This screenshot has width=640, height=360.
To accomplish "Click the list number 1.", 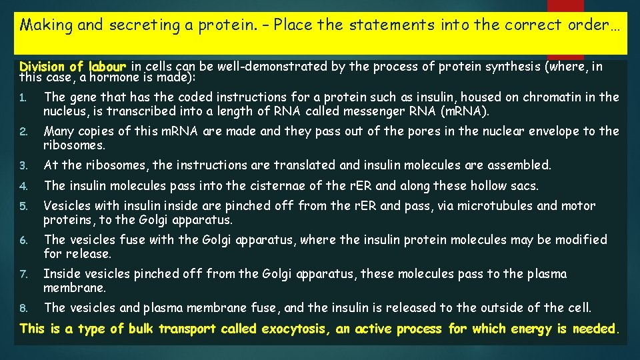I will pos(22,98).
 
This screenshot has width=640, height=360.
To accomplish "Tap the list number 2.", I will pos(22,132).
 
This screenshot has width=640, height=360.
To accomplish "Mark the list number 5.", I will pos(22,207).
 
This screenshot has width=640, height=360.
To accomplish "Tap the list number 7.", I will pos(22,275).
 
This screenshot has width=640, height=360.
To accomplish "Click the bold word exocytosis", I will pos(296,329).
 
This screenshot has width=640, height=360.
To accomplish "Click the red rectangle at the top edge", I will pos(565,5).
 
